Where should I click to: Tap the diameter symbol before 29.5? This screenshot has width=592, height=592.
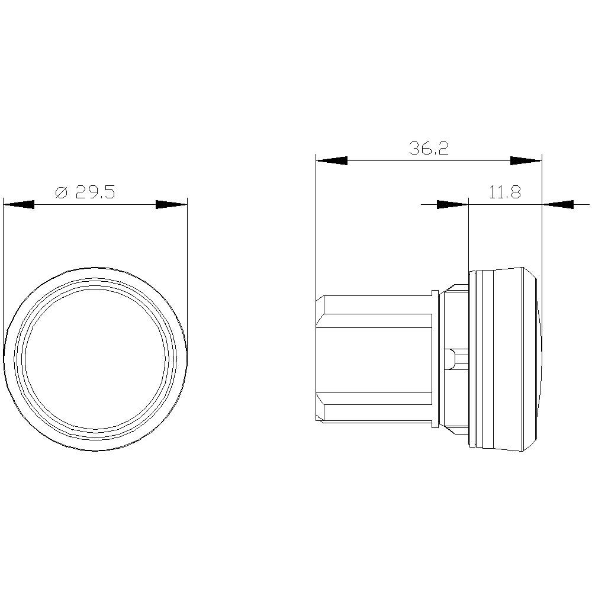(61, 192)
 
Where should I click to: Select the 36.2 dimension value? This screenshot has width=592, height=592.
(429, 148)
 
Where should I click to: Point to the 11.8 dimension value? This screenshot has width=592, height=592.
(504, 192)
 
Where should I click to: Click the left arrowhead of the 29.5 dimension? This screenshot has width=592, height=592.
(18, 204)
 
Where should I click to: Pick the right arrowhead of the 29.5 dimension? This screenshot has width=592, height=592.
(171, 204)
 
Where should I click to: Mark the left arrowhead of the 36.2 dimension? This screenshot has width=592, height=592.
(332, 160)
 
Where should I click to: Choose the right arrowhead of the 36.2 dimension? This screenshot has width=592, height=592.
(526, 160)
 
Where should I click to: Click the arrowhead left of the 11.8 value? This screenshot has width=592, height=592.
(452, 204)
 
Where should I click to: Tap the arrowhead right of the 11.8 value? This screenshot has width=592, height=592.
(558, 204)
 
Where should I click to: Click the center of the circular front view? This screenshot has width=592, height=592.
(95, 359)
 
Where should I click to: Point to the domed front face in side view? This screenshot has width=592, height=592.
(537, 359)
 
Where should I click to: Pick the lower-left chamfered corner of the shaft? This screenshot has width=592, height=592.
(320, 414)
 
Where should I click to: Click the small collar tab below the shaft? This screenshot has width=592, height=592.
(436, 424)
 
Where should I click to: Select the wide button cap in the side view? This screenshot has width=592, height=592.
(503, 359)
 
